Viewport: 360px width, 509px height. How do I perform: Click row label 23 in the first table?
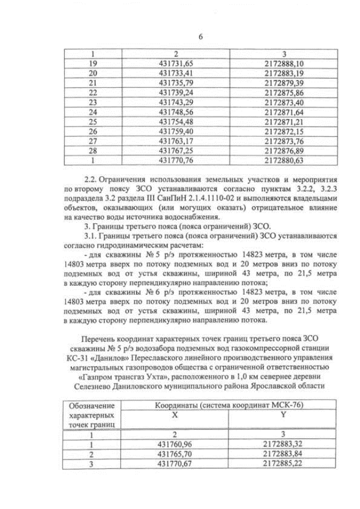(94, 102)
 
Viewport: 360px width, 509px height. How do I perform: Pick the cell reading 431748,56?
(176, 112)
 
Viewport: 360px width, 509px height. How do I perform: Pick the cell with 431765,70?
(176, 454)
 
